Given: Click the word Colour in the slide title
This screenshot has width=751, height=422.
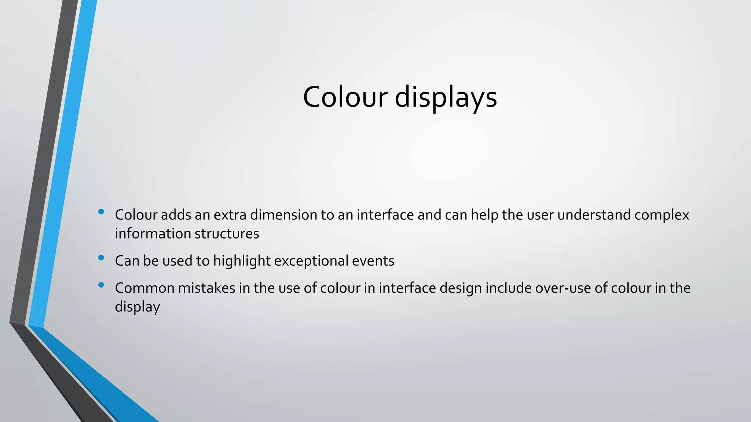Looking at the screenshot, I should tap(345, 97).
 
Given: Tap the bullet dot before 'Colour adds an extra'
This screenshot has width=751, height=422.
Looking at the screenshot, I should tap(101, 211).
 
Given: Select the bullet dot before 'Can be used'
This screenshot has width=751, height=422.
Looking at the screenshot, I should tap(101, 258).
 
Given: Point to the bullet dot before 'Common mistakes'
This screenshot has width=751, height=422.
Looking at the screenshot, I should tap(101, 285).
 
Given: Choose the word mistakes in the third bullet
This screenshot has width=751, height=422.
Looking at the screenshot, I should tap(206, 288).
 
